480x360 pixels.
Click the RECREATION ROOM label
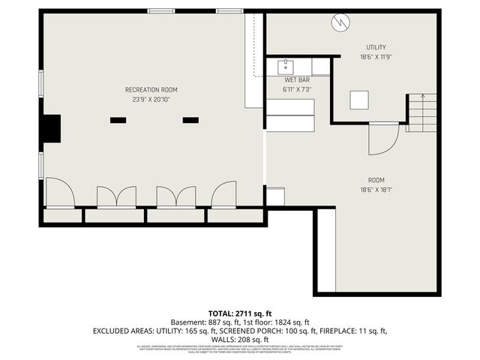151,89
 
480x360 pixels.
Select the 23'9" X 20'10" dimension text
151,99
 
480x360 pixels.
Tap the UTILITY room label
376,47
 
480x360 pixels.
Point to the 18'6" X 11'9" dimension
376,57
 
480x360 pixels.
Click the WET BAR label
297,79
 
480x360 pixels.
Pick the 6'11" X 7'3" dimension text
297,89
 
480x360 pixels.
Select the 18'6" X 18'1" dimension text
376,190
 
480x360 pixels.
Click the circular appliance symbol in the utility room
340,23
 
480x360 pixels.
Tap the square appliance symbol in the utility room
359,100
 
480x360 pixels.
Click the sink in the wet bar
286,67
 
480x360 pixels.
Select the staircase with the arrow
421,112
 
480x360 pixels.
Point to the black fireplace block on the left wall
51,128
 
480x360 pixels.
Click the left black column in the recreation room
118,119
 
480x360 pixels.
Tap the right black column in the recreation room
190,119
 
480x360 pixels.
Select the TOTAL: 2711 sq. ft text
240,313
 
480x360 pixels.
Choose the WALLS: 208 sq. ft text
240,339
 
